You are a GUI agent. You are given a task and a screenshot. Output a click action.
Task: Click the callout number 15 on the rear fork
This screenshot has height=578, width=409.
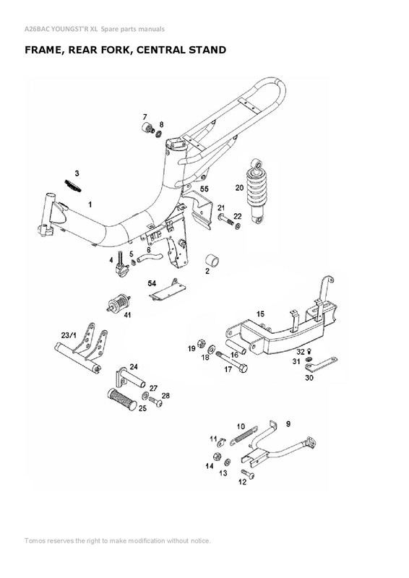tap(261, 314)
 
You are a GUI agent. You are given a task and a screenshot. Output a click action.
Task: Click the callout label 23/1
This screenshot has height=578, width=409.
tap(69, 335)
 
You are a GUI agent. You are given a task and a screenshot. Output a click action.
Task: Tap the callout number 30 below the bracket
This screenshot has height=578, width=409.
tap(309, 378)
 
